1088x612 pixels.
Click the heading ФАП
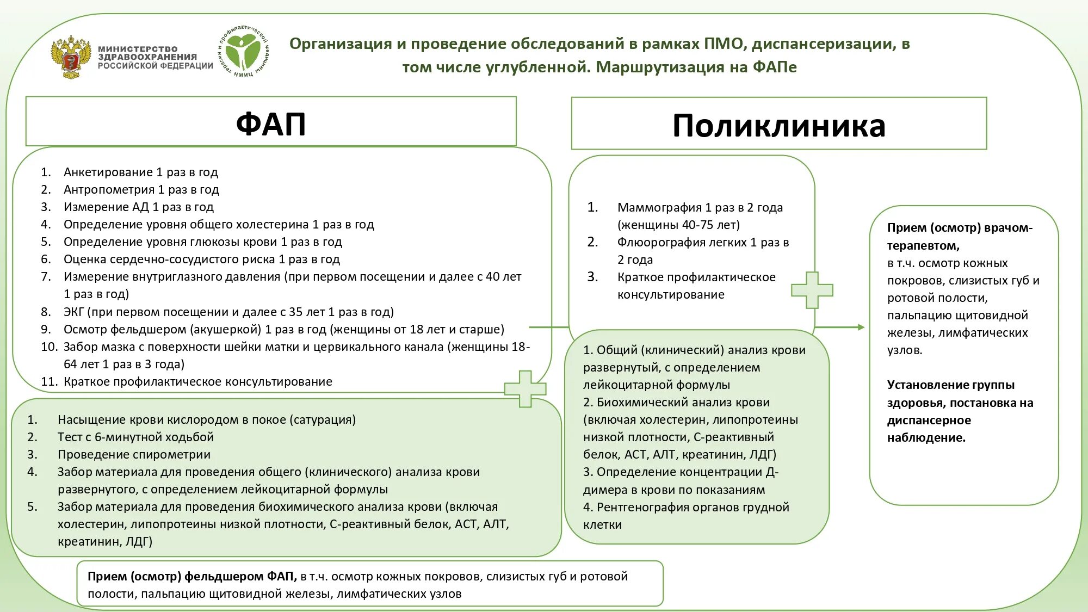(x=271, y=123)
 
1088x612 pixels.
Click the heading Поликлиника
(x=778, y=126)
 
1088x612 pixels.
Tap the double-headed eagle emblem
(x=70, y=57)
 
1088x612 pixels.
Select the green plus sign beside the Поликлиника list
(x=812, y=290)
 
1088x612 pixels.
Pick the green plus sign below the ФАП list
(x=525, y=389)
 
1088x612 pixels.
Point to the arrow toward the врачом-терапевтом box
(x=840, y=327)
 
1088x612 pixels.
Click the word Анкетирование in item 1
(x=108, y=172)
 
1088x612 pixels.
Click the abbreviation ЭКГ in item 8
(x=73, y=312)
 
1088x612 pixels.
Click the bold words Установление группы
(x=950, y=385)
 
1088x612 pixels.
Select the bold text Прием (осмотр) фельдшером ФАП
(x=191, y=576)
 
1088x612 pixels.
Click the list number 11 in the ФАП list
(x=48, y=381)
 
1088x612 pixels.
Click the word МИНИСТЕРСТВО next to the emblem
(x=138, y=48)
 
